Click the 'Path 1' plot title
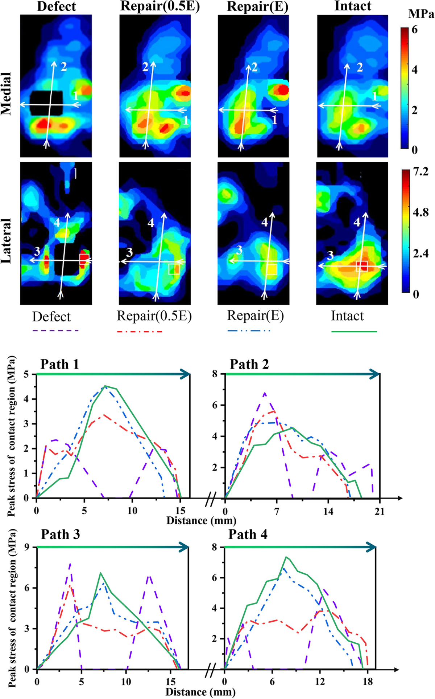pyautogui.click(x=59, y=364)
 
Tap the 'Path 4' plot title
pyautogui.click(x=248, y=535)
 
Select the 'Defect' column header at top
pyautogui.click(x=57, y=6)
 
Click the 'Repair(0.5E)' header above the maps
pyautogui.click(x=160, y=6)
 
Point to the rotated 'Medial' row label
pyautogui.click(x=6, y=94)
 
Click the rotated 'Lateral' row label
pyautogui.click(x=6, y=240)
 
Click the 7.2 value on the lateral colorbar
pyautogui.click(x=420, y=172)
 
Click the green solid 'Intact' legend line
pyautogui.click(x=354, y=332)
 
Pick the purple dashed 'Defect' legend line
pyautogui.click(x=55, y=331)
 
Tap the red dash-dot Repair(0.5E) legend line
pyautogui.click(x=140, y=332)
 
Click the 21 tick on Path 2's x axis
pyautogui.click(x=380, y=512)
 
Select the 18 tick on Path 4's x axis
pyautogui.click(x=368, y=682)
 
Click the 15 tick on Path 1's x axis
pyautogui.click(x=180, y=511)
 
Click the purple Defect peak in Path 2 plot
pyautogui.click(x=265, y=393)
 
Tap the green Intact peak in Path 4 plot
pyautogui.click(x=286, y=557)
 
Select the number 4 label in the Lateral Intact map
pyautogui.click(x=357, y=222)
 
